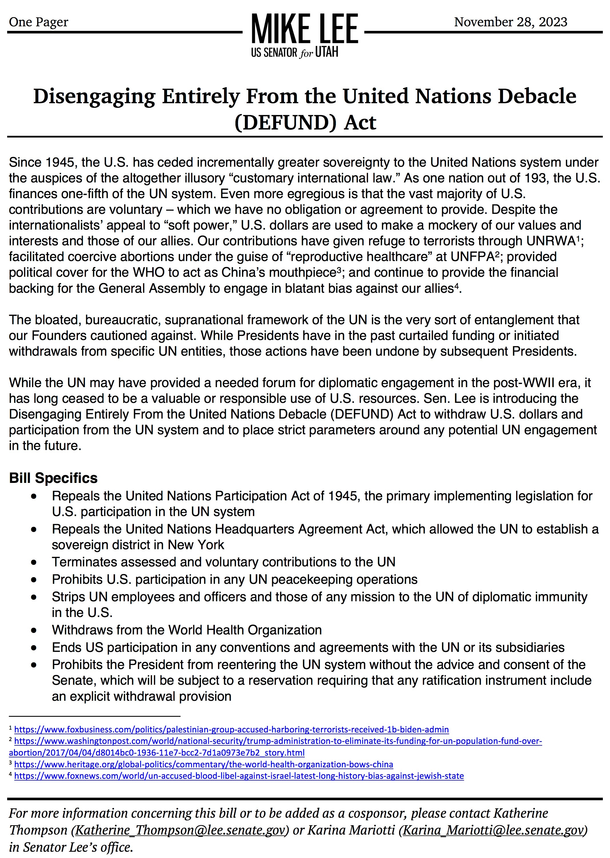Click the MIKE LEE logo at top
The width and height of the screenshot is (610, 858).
(304, 29)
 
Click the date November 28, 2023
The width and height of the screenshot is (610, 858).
(510, 22)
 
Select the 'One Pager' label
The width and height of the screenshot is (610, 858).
(38, 22)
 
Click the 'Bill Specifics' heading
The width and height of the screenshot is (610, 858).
(53, 478)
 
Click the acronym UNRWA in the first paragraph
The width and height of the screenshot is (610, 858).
(551, 241)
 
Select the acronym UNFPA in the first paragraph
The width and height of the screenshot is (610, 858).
(472, 257)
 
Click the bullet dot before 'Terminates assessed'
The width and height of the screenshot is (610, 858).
(34, 562)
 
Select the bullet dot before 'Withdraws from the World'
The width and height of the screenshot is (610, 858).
(34, 630)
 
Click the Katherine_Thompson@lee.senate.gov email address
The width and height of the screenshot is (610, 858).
(180, 830)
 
